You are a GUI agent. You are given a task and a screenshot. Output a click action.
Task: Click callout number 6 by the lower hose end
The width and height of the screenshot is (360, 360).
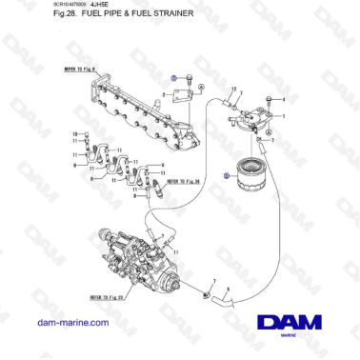coord(229,288)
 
